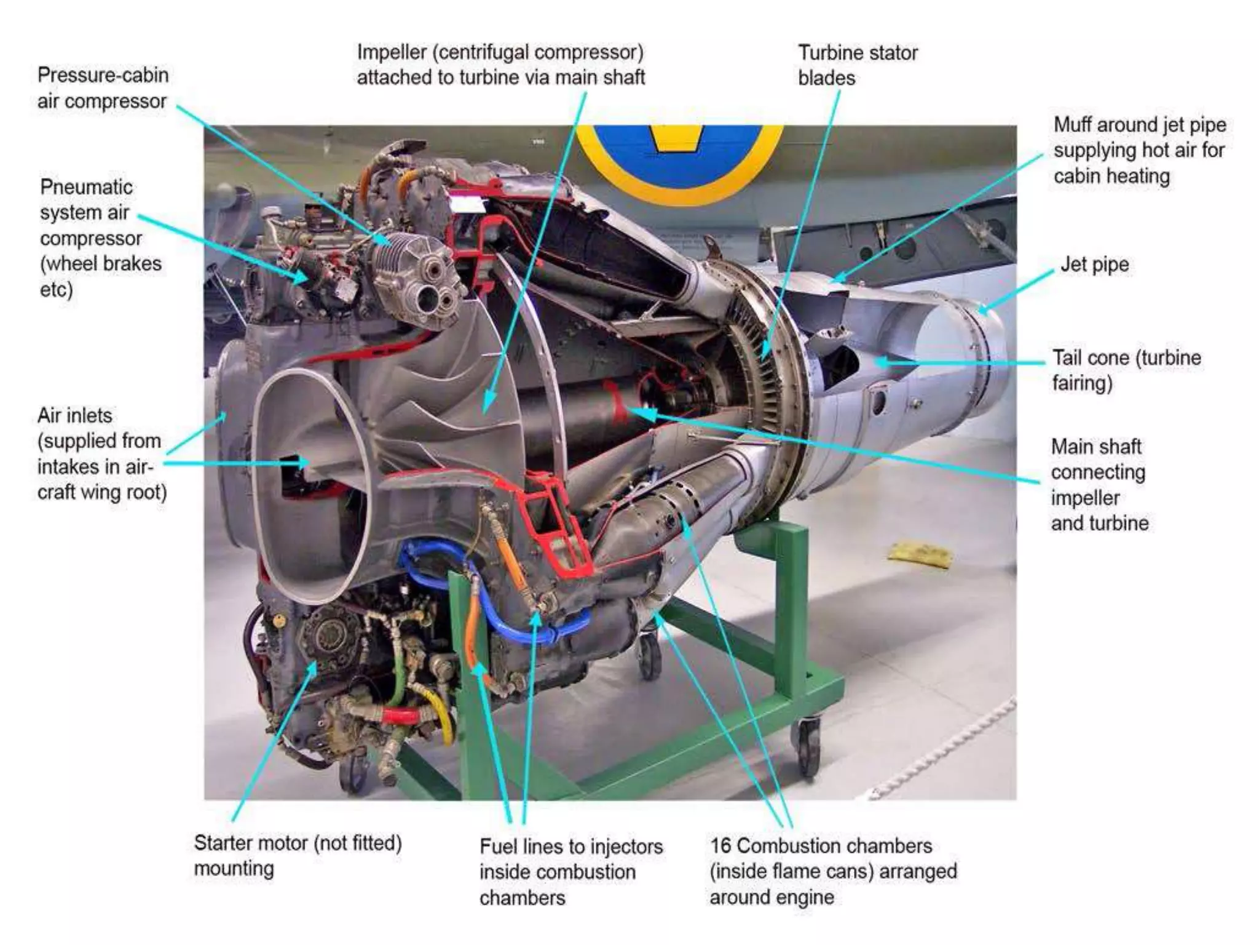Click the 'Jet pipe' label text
click(x=1094, y=265)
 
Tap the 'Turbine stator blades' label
click(x=857, y=65)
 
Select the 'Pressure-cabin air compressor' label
click(x=102, y=88)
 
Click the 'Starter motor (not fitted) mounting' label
click(x=297, y=855)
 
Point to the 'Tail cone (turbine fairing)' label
click(x=1126, y=370)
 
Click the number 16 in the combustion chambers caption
click(x=721, y=846)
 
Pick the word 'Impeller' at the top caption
click(x=392, y=52)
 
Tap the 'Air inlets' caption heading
click(x=74, y=415)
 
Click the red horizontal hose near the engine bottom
click(x=400, y=716)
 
